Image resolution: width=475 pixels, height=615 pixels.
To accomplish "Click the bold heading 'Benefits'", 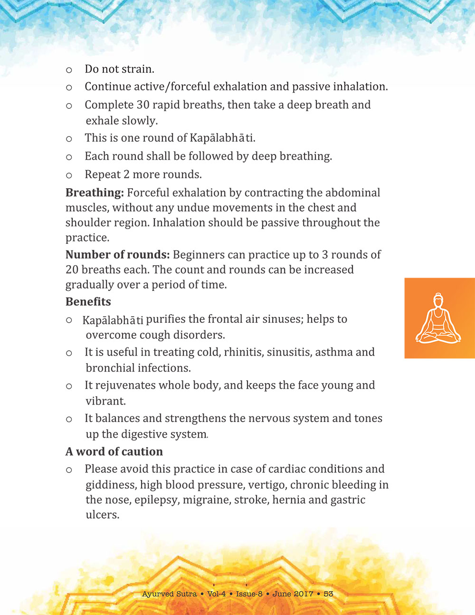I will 88,302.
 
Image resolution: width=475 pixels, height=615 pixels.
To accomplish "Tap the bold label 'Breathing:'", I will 95,193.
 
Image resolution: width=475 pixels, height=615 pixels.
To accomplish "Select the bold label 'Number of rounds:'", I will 117,255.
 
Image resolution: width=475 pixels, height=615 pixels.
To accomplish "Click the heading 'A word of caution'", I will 114,452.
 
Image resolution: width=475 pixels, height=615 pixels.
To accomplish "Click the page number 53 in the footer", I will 328,594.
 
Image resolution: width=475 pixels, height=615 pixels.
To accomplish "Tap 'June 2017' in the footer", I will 293,594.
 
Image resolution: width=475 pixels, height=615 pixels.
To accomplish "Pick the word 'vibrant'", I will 105,401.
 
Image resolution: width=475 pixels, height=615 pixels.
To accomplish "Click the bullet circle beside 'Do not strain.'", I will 69,70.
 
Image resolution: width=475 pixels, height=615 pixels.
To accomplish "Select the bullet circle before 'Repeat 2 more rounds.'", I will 69,175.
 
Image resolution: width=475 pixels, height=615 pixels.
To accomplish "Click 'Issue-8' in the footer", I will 249,594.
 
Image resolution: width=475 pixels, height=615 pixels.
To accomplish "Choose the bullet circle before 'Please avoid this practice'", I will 69,470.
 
